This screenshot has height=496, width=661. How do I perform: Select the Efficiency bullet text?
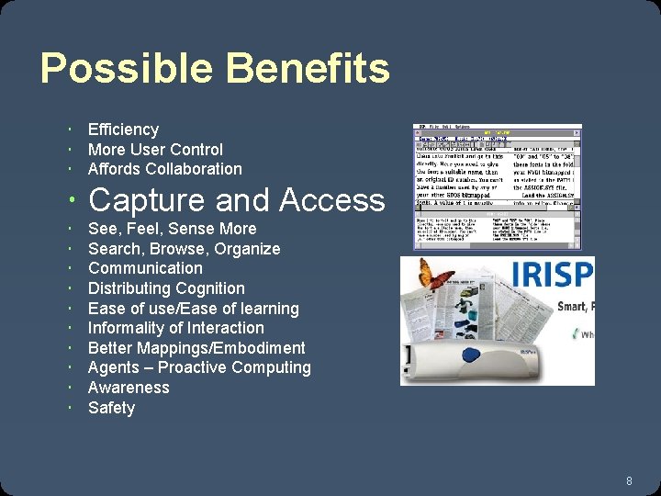pyautogui.click(x=123, y=130)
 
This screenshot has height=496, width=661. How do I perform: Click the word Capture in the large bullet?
pyautogui.click(x=147, y=199)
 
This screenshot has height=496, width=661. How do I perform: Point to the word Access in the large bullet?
pyautogui.click(x=332, y=199)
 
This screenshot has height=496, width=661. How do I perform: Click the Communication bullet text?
pyautogui.click(x=145, y=268)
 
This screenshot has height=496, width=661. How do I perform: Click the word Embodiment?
pyautogui.click(x=260, y=348)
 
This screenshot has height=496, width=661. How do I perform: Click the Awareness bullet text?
pyautogui.click(x=129, y=388)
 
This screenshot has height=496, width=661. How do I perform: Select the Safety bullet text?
pyautogui.click(x=111, y=408)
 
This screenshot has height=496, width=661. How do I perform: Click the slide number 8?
pyautogui.click(x=629, y=480)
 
